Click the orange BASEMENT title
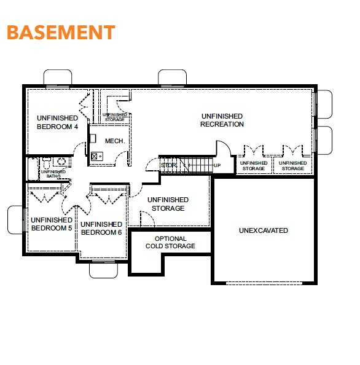pos(61,32)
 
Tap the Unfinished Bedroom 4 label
pos(57,122)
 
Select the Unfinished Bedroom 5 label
pos(52,224)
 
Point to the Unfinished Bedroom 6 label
pos(101,228)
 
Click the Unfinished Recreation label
pos(222,120)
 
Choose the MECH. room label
pos(115,141)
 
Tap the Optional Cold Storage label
pos(170,242)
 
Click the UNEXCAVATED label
pos(264,230)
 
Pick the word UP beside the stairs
pos(217,165)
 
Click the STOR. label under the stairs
pos(169,165)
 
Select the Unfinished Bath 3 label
pos(53,174)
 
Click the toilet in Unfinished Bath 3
pos(47,163)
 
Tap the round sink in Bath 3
pos(61,162)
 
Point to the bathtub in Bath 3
pos(33,169)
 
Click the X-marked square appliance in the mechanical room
pos(94,156)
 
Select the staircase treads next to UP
pos(196,165)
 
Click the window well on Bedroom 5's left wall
pos(16,220)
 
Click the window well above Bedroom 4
pos(58,77)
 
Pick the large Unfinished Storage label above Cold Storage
pos(168,204)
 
